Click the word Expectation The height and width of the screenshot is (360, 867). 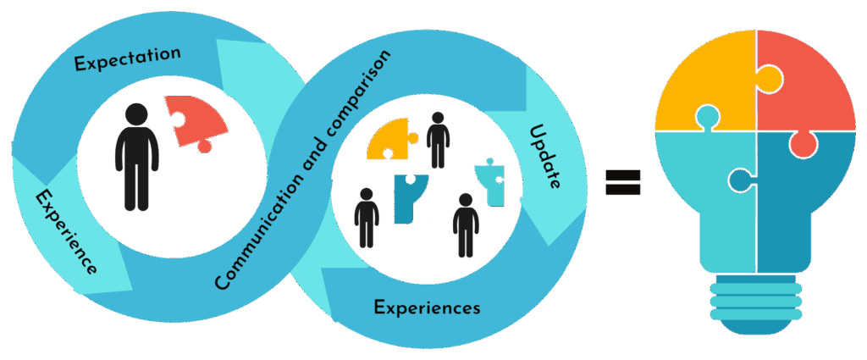point(127,58)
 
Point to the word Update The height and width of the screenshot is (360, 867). point(544,157)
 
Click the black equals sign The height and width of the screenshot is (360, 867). point(622,181)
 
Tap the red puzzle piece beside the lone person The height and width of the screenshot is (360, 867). point(196,121)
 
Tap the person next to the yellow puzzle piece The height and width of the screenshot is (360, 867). point(437,140)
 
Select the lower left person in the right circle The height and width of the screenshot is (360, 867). point(366,218)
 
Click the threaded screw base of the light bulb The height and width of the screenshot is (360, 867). point(756,305)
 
